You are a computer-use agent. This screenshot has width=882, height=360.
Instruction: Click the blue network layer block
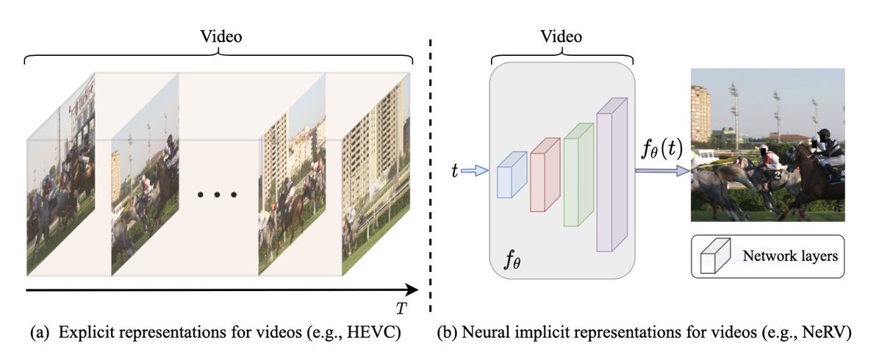pos(512,175)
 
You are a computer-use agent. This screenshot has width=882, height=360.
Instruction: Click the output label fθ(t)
pos(661,152)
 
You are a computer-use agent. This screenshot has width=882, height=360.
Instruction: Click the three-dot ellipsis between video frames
pos(218,195)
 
